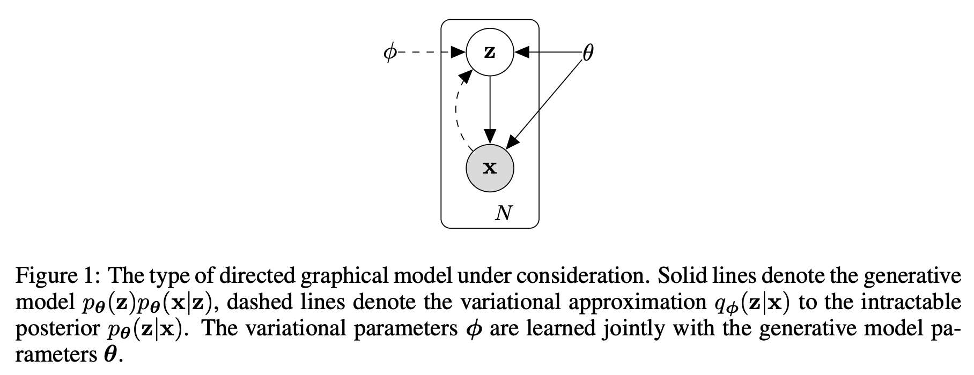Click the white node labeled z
(x=490, y=52)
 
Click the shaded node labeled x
(x=490, y=168)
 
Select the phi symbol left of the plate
(x=390, y=52)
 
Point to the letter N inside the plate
(x=503, y=213)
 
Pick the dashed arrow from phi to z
(x=429, y=52)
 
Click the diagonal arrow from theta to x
(x=544, y=102)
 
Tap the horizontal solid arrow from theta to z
(x=550, y=52)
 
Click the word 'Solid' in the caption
(x=680, y=276)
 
